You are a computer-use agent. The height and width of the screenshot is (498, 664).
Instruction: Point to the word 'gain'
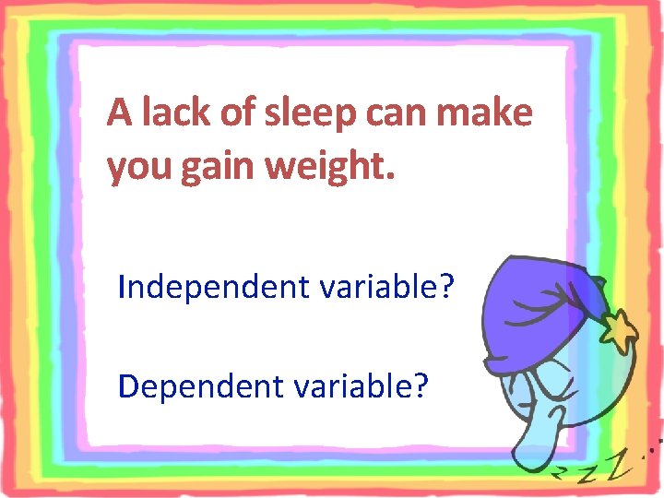click(207, 169)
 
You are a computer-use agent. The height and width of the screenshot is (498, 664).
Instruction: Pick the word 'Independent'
click(215, 288)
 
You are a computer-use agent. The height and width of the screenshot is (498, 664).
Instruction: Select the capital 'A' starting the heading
click(118, 113)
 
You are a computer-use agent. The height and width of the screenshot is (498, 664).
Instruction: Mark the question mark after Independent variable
click(448, 287)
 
